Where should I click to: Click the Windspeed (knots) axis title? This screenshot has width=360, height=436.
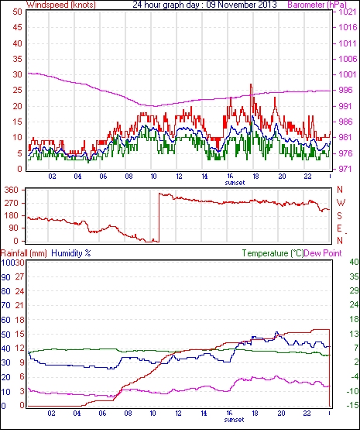pos(61,5)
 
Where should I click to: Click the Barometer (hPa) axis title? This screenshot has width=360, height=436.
pos(317,5)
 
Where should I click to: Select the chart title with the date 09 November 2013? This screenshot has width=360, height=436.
pos(204,5)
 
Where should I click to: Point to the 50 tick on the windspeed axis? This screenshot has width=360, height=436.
pos(17,12)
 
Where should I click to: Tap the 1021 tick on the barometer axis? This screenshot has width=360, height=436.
pos(347,12)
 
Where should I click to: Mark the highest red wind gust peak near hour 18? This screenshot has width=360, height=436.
pos(251,84)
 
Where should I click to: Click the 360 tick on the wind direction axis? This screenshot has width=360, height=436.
pos(12,191)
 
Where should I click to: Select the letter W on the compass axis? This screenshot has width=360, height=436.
pos(341,203)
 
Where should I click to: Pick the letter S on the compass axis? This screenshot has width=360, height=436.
pos(339,215)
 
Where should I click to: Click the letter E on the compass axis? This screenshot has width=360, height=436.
pos(339,228)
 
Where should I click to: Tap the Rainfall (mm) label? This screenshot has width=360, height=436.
pos(24,253)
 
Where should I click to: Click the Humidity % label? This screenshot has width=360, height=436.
pos(71,253)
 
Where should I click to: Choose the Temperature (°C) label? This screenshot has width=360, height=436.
pos(273,253)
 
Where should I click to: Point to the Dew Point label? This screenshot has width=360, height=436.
pos(323,253)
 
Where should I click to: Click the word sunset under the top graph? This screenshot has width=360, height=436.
pos(235,183)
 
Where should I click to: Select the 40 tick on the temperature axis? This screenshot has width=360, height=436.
pos(354,262)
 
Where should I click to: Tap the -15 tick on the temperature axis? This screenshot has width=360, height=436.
pos(352,406)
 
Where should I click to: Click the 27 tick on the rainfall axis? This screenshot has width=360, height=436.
pos(19,276)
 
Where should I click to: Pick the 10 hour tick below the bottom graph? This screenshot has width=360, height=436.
pos(153,414)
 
